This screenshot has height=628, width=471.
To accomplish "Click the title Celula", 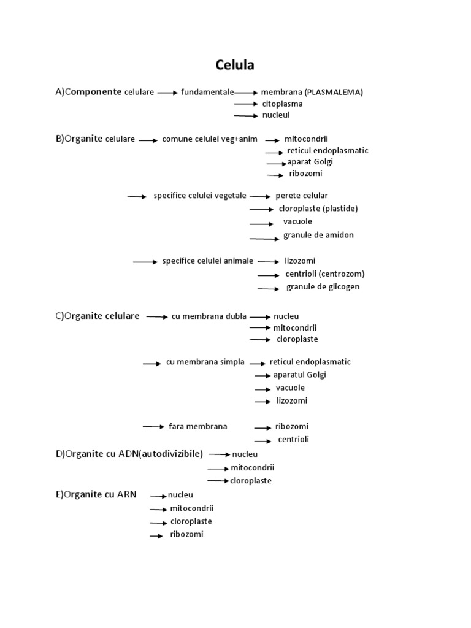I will click(234, 64).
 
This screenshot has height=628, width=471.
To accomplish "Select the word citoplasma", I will click(282, 104).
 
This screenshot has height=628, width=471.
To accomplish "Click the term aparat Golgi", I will click(310, 162).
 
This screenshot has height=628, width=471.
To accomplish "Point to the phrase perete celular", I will click(302, 196).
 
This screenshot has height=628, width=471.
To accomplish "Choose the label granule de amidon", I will click(318, 235).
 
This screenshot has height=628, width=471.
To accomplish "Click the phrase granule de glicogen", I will click(323, 287).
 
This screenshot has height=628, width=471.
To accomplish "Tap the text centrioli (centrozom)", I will click(325, 274).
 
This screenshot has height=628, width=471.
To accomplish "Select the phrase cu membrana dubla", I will click(209, 316).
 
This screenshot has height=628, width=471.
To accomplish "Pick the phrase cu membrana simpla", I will click(205, 362).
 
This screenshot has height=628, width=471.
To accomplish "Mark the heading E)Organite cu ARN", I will click(96, 494).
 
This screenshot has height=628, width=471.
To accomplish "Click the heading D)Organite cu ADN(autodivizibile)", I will click(129, 454).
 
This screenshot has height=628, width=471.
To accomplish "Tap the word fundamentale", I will click(207, 92).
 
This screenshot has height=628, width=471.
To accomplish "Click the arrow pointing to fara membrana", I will click(153, 426).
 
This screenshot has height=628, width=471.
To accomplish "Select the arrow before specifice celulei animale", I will click(145, 262).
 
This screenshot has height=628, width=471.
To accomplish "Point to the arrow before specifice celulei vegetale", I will click(137, 196).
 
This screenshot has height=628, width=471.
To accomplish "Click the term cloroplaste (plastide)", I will click(318, 209).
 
